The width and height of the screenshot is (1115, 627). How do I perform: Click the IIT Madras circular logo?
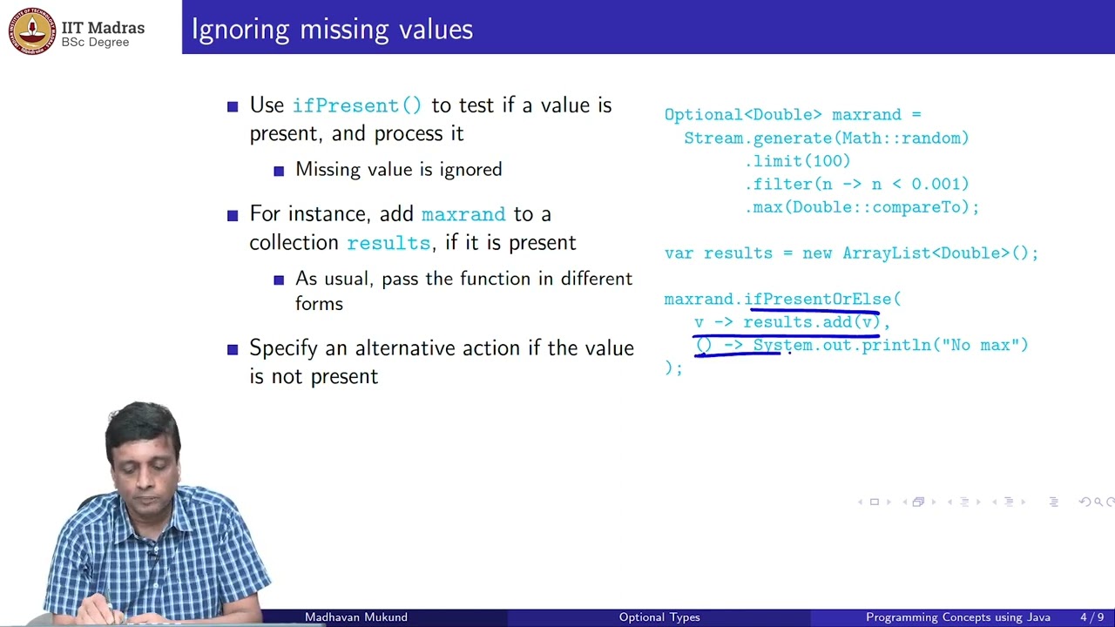click(32, 30)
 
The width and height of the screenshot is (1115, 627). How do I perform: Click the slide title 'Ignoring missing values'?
click(332, 30)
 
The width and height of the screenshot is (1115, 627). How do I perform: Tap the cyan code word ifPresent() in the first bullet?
click(357, 105)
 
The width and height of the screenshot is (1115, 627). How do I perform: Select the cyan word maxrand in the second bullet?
click(463, 214)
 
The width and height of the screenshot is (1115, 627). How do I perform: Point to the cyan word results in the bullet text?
click(389, 243)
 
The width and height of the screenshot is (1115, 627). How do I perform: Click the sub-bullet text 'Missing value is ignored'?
click(398, 170)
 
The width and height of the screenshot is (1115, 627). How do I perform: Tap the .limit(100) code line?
click(797, 161)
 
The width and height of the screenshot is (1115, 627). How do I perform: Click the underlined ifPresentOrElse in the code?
click(817, 300)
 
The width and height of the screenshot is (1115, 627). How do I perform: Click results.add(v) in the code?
click(811, 322)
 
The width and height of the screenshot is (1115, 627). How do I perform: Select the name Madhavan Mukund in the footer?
click(355, 617)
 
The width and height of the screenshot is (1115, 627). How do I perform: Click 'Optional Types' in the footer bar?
click(659, 617)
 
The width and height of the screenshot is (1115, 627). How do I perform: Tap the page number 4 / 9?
click(1091, 617)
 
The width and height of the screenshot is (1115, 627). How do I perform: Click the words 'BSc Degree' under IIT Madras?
click(95, 43)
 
